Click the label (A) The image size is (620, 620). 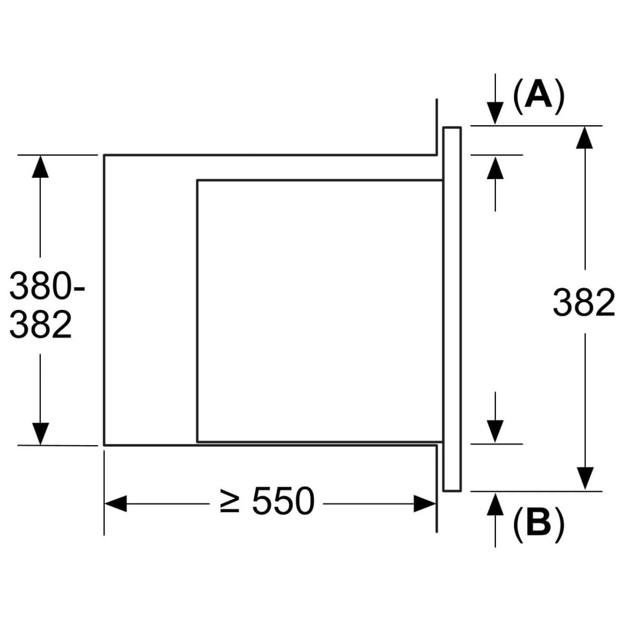(x=539, y=97)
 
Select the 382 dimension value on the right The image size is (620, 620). (x=583, y=304)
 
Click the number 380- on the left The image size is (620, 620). (x=47, y=287)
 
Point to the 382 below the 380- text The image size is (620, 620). (x=41, y=324)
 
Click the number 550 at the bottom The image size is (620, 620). (x=283, y=502)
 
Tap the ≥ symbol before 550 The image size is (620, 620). (x=230, y=502)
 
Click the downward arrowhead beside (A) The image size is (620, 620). (x=495, y=114)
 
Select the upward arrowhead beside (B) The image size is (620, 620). (x=495, y=503)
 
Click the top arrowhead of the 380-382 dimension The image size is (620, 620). (x=40, y=167)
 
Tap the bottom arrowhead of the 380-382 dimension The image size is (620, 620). (x=40, y=433)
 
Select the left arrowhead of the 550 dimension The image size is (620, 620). (x=116, y=503)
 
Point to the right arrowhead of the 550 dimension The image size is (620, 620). (x=425, y=503)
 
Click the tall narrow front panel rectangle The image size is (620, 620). (x=452, y=309)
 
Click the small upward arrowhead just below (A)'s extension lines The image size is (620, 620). (x=495, y=167)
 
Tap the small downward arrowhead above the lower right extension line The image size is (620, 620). (x=495, y=432)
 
